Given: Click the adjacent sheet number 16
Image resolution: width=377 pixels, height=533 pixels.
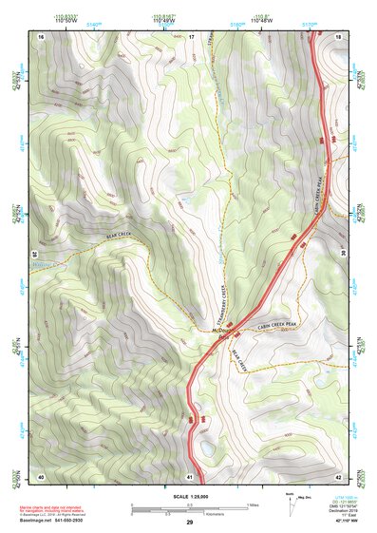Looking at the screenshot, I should pos(42,36).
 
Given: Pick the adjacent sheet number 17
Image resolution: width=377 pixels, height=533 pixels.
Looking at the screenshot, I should pos(190,36).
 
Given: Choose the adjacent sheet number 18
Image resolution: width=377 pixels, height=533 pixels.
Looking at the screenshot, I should pos(339,36).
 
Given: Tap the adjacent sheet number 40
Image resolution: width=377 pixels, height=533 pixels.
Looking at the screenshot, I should pos(41,475).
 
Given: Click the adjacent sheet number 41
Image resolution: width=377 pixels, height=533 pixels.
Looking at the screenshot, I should pos(190,475).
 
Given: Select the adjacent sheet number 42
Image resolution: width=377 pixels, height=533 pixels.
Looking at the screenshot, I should pos(339,475).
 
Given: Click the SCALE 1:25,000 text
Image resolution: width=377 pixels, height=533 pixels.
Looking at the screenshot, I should pos(190,496).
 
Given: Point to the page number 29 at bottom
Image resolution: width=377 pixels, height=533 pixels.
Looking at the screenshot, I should pos(190,522).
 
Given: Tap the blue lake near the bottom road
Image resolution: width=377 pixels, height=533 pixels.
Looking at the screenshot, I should pos(207,447).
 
